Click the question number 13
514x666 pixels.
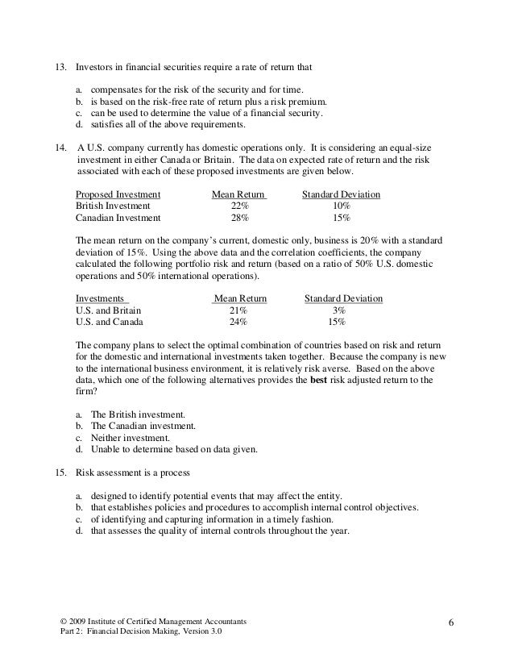coord(59,64)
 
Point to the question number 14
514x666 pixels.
coord(59,148)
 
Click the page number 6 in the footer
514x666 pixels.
coord(452,623)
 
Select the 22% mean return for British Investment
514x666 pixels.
coord(239,206)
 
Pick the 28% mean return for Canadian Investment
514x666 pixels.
coord(239,218)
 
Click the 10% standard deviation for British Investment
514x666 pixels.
coord(341,206)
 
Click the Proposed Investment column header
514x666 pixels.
coord(118,194)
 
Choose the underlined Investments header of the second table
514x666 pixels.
coord(102,298)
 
